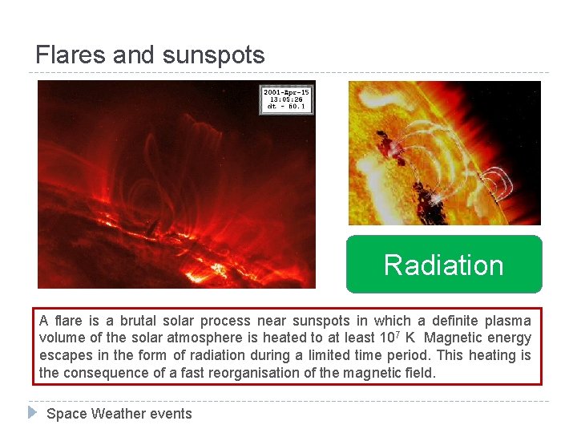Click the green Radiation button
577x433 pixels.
(x=444, y=265)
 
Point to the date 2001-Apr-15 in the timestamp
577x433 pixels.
(x=286, y=92)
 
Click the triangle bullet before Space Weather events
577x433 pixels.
(x=32, y=413)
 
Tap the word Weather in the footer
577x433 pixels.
(x=119, y=414)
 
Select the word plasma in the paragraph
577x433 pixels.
(x=508, y=320)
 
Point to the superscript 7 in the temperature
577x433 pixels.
(x=408, y=334)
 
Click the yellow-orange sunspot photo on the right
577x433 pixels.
(x=444, y=152)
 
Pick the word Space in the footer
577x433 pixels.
(x=67, y=414)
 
